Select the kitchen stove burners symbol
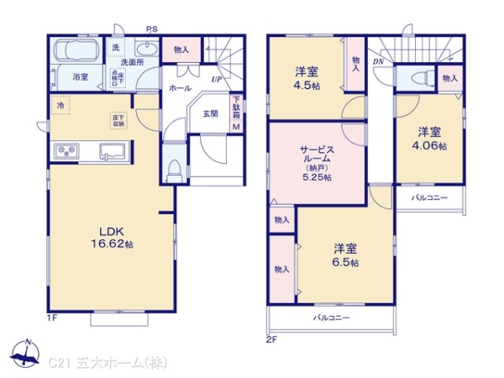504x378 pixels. click(66, 151)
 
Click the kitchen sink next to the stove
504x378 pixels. click(112, 152)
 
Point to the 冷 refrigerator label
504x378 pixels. click(60, 106)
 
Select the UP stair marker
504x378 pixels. click(217, 79)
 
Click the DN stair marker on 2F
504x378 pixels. click(378, 61)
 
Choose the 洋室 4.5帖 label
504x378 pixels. click(307, 77)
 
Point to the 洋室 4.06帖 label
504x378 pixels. click(432, 138)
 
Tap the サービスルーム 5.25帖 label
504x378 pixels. click(318, 161)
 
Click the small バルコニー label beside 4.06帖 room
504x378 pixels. click(429, 198)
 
